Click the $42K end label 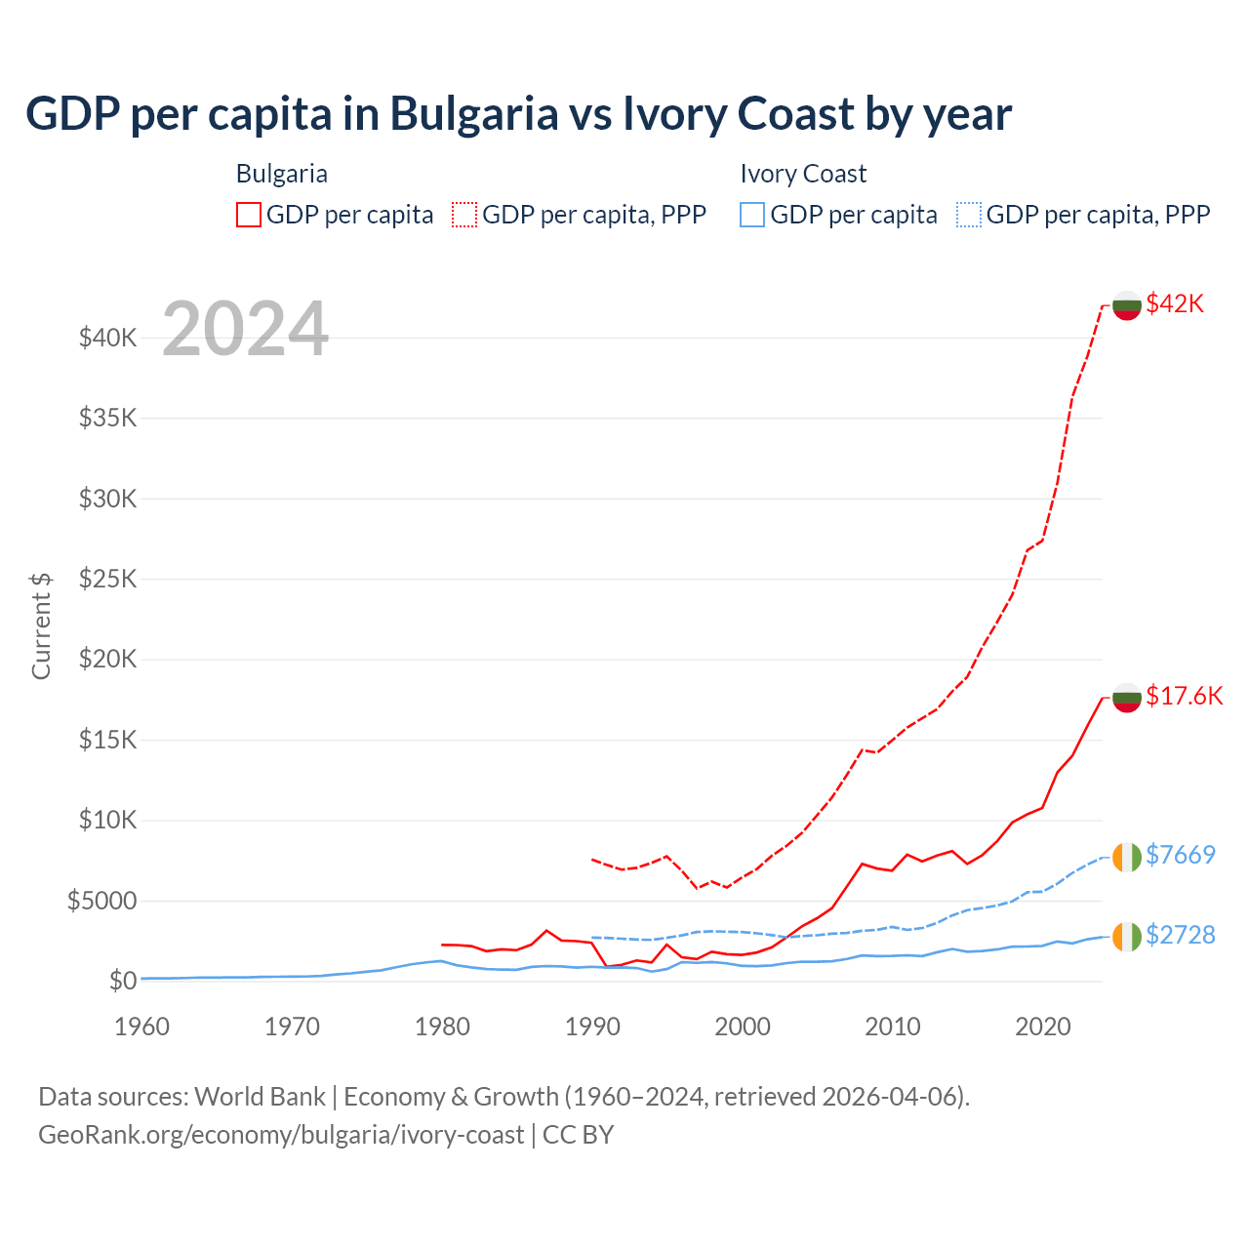[1175, 303]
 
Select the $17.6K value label [1184, 696]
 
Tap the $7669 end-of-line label [1180, 855]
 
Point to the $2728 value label [1180, 935]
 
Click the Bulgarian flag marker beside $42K [1127, 305]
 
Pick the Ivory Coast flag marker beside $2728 [1127, 937]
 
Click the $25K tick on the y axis [108, 579]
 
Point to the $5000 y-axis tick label [101, 901]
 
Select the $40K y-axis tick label [108, 339]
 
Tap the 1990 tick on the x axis [592, 1027]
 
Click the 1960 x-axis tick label [142, 1027]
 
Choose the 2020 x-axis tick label [1043, 1027]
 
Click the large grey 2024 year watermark [245, 330]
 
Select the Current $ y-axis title [41, 625]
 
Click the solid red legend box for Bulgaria [249, 215]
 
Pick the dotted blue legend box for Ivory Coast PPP [969, 215]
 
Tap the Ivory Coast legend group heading [803, 174]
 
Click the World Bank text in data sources [260, 1097]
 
